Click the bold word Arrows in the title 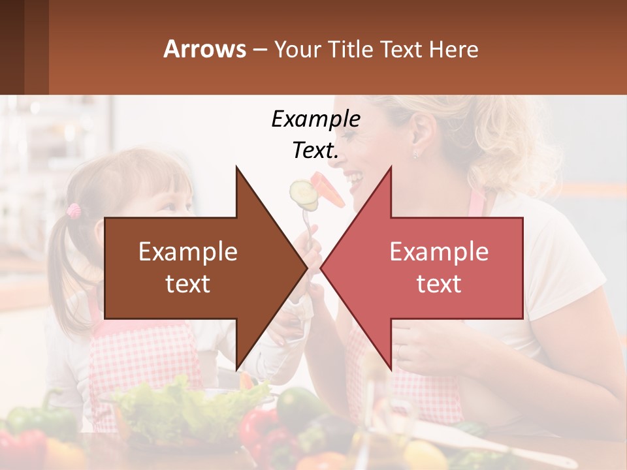pos(204,49)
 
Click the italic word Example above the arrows pos(315,119)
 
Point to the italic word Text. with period pos(315,150)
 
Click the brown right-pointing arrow pos(196,268)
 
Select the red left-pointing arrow pos(431,268)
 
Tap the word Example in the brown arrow pos(188,252)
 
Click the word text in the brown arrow pos(188,284)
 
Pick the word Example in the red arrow pos(439,252)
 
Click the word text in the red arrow pos(439,284)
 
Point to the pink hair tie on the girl pos(74,210)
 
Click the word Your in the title pos(297,49)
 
